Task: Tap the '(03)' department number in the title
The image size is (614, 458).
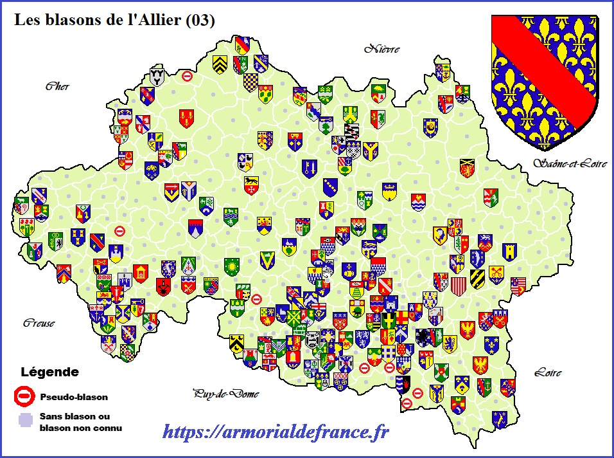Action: pos(199,20)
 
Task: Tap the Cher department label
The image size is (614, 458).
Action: pos(57,87)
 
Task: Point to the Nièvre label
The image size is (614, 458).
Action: pos(382,49)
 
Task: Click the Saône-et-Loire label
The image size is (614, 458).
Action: pos(569,163)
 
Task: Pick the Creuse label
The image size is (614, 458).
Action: pos(39,323)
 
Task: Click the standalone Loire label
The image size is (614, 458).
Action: pos(547,372)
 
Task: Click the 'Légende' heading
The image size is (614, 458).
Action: pos(50,372)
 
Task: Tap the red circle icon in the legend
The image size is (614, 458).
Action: pos(24,396)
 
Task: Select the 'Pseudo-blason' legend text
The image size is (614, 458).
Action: pos(73,397)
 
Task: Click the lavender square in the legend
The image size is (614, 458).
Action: pos(24,420)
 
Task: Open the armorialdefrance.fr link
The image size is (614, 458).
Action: pos(276,432)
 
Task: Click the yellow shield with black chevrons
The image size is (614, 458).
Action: pos(220,63)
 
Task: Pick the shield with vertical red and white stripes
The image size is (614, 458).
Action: pos(458,286)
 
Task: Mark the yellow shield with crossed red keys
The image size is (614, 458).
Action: pos(496,274)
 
